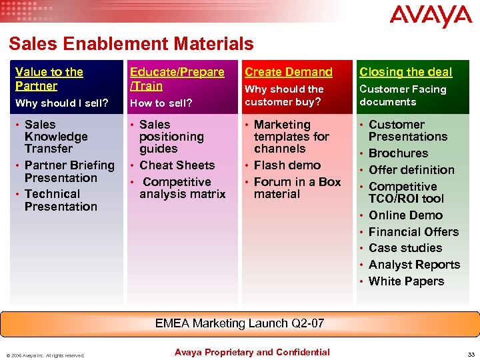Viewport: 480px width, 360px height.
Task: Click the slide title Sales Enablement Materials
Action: coord(131,44)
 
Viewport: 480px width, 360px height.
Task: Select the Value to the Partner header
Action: coord(49,79)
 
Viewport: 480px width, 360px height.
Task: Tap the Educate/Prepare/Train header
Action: coord(177,79)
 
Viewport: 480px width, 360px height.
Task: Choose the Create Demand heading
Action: coord(288,72)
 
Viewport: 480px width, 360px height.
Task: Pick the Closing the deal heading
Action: coord(405,72)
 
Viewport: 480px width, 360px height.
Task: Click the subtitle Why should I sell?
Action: coord(61,103)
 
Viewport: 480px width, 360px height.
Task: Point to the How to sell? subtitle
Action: coord(161,103)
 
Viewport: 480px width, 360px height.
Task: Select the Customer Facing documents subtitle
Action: coord(402,95)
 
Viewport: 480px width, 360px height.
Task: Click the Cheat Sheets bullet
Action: coord(177,165)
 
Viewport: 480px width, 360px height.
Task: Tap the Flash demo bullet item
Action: coord(287,165)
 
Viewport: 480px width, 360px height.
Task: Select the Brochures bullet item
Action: coord(398,153)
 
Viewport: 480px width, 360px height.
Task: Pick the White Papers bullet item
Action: coord(406,281)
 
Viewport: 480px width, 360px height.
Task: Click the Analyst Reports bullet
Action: coord(414,265)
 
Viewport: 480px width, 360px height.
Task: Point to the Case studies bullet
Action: coord(405,248)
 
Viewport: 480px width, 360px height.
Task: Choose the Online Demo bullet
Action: coord(405,215)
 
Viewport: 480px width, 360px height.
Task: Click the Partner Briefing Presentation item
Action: coord(69,171)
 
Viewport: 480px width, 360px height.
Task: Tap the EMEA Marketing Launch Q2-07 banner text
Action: coord(239,323)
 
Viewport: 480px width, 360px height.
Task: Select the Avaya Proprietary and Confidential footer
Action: coord(252,352)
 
